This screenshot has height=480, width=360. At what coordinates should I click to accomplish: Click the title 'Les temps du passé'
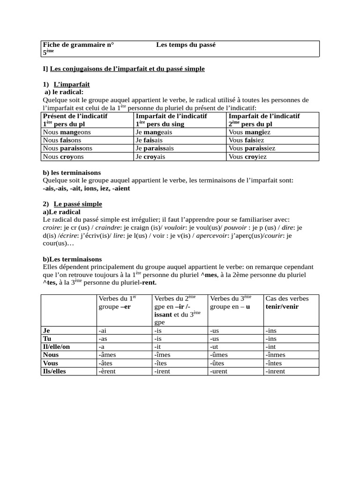186,45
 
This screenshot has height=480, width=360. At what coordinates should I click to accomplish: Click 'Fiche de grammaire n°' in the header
78,45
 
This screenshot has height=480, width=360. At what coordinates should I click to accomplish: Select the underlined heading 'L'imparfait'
72,84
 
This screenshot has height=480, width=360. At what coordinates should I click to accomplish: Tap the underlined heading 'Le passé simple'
78,204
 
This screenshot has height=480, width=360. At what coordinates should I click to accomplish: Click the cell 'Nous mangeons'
67,133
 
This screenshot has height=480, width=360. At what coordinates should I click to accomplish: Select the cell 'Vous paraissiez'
252,149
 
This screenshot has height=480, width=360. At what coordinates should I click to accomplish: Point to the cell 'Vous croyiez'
247,157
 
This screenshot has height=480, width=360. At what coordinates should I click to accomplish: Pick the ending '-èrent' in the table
107,371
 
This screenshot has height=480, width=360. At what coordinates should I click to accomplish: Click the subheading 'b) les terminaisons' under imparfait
72,172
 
